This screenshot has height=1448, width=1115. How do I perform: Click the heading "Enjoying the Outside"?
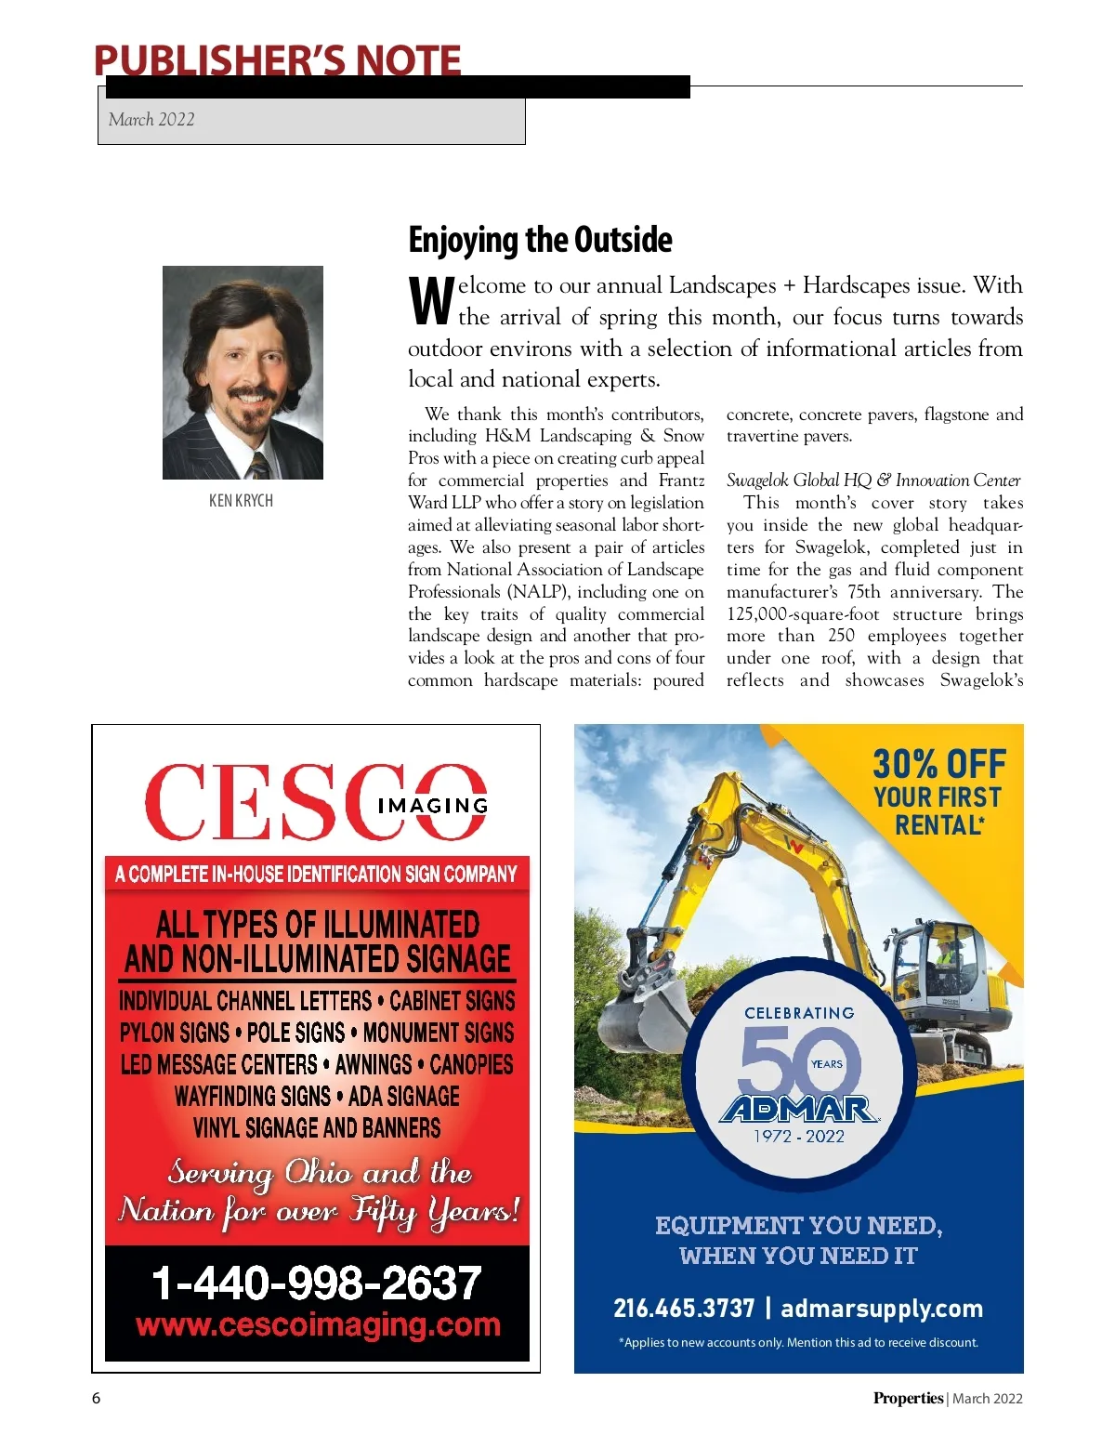click(x=540, y=240)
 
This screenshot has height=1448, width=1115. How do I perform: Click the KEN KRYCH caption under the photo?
click(x=241, y=501)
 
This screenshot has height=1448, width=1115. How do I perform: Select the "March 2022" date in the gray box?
click(x=151, y=120)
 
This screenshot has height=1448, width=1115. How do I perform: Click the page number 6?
click(x=96, y=1398)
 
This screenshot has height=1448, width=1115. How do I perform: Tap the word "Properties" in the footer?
click(x=907, y=1398)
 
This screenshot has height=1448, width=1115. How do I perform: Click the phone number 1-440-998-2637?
click(x=316, y=1283)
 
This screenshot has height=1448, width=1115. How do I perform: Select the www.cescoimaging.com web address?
click(x=318, y=1324)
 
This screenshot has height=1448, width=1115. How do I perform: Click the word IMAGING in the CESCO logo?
click(x=432, y=806)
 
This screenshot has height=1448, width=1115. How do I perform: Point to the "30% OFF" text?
click(x=938, y=765)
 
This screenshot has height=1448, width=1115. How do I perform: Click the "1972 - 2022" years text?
click(x=799, y=1136)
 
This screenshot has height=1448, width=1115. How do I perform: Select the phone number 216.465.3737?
click(x=683, y=1309)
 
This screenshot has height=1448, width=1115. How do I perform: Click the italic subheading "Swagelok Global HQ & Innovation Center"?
click(x=873, y=480)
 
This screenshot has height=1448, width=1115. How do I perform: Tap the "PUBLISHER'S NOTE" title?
click(x=277, y=60)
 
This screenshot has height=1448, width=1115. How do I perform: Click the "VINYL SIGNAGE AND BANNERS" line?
click(x=317, y=1128)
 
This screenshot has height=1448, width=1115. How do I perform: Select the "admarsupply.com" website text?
click(x=881, y=1309)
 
